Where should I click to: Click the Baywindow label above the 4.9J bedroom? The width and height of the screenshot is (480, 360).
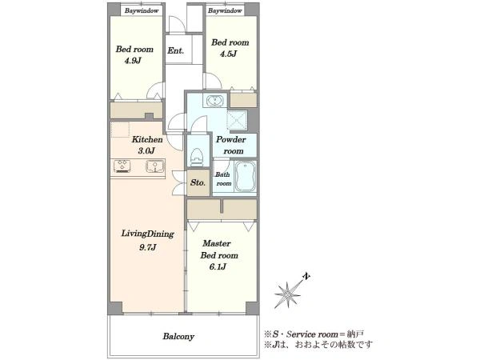(x=142, y=10)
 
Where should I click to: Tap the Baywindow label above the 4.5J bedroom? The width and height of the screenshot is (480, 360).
(x=225, y=10)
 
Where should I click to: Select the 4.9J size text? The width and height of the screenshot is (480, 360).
(x=133, y=61)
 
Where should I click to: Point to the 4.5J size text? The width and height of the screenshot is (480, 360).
(x=228, y=54)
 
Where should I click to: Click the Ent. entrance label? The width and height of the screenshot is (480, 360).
(x=175, y=50)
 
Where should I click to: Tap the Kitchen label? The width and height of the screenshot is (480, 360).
(x=147, y=139)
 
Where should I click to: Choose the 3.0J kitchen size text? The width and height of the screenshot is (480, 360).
(x=146, y=150)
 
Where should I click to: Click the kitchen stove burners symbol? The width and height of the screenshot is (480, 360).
(x=122, y=166)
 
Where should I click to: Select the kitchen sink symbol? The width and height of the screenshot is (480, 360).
(x=155, y=166)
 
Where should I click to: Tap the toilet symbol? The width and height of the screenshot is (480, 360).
(x=196, y=157)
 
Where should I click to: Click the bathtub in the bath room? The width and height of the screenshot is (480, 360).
(x=246, y=176)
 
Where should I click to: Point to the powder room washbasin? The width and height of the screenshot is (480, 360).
(x=214, y=101)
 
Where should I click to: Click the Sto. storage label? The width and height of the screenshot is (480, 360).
(x=198, y=182)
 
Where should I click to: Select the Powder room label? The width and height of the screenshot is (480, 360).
(x=231, y=145)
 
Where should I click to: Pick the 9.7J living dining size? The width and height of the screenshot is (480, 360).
(x=148, y=247)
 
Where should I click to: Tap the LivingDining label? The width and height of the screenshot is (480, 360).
(x=148, y=234)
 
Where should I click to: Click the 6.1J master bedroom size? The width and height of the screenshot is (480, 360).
(x=218, y=267)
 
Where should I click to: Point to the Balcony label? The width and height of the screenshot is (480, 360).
(x=178, y=337)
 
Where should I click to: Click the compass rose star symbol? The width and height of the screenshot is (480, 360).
(x=287, y=294)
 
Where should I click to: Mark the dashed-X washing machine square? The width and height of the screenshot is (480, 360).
(x=237, y=120)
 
